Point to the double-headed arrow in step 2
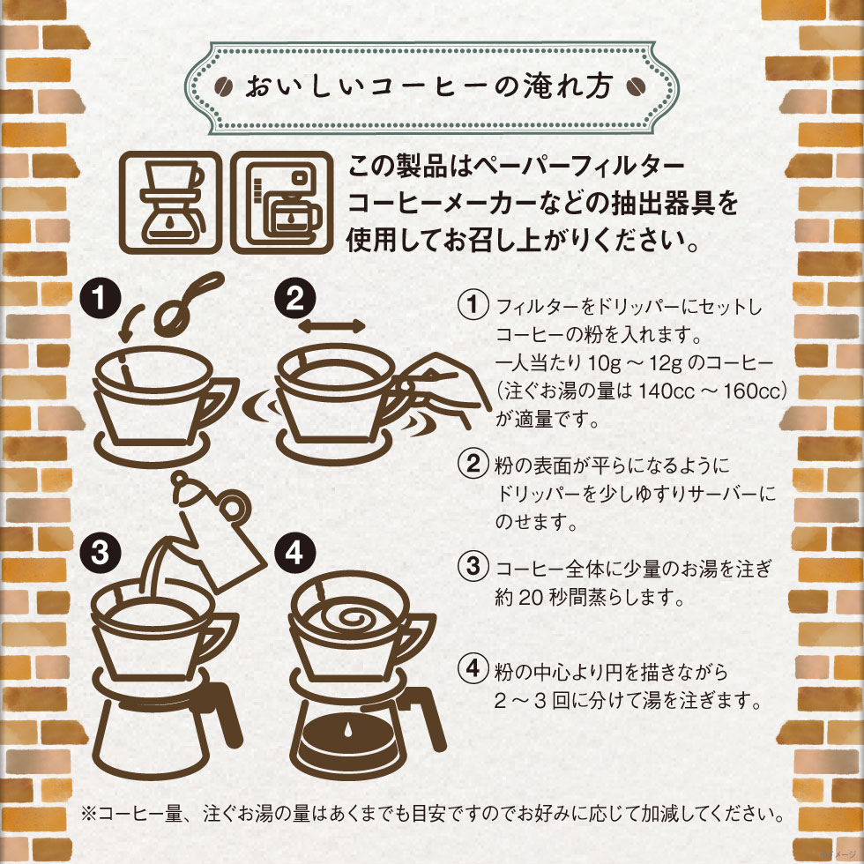(x=331, y=325)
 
